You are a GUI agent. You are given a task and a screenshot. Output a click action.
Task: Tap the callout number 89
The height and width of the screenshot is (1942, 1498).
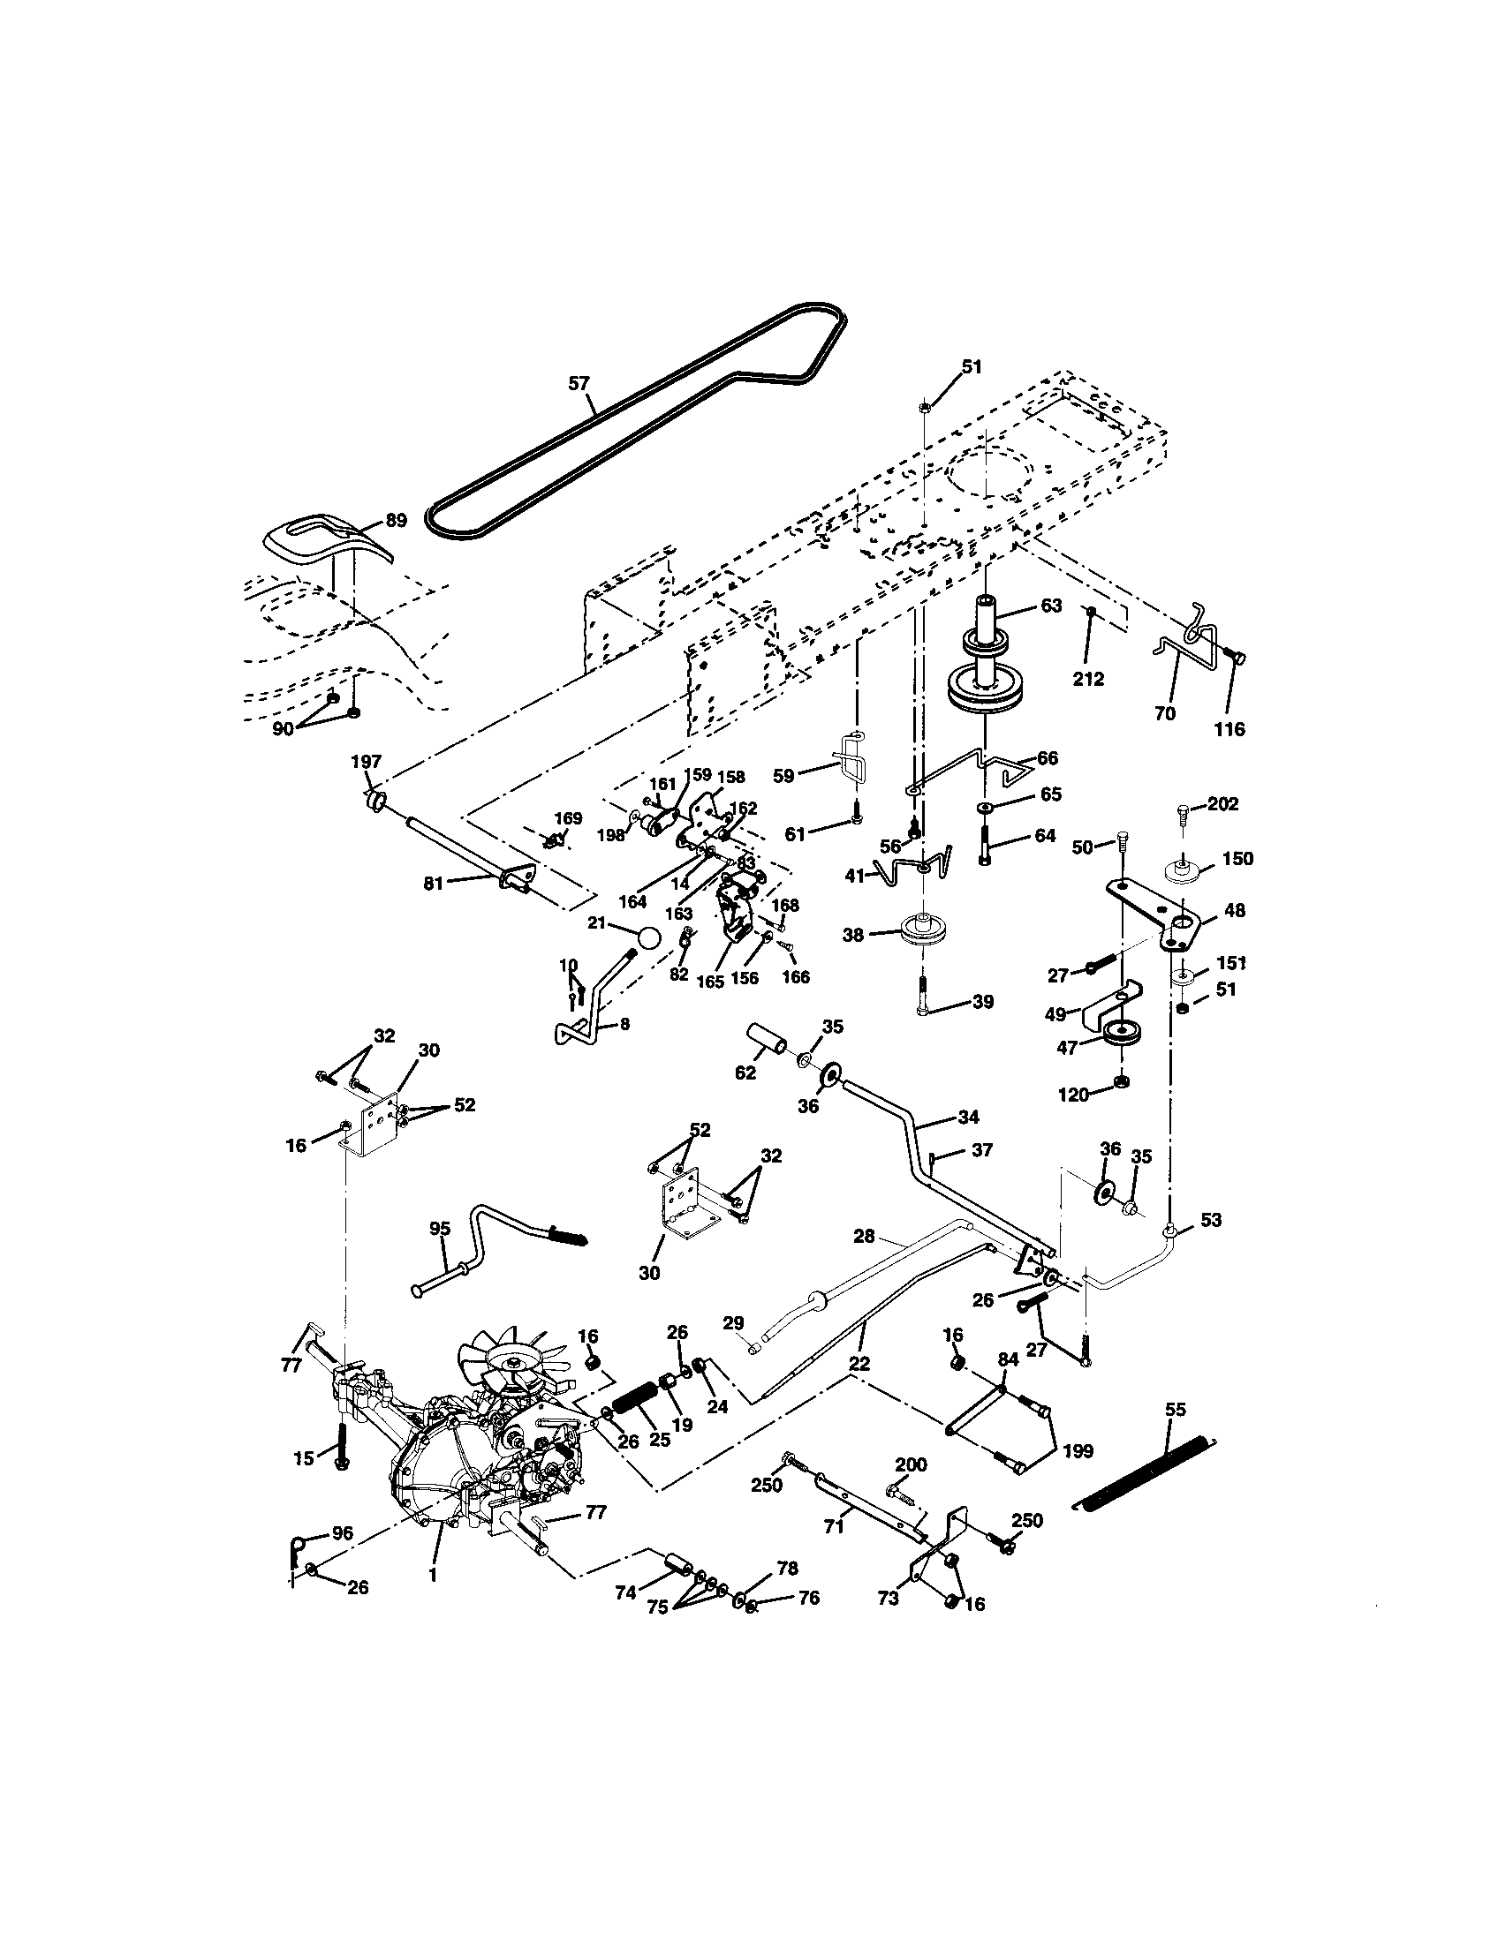[x=396, y=521]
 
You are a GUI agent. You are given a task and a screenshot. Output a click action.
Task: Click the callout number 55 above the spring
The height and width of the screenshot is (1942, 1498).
[x=1175, y=1410]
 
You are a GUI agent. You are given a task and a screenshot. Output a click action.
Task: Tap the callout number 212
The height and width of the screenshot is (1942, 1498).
[x=1088, y=680]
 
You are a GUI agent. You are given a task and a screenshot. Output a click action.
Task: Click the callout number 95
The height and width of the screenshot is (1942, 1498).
[x=440, y=1228]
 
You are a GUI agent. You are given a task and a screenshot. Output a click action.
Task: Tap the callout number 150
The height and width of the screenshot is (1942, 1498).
[x=1237, y=858]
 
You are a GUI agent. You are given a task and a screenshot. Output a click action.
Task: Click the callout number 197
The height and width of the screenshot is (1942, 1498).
[x=366, y=761]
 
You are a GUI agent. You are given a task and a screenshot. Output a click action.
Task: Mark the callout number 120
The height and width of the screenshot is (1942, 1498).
[x=1074, y=1095]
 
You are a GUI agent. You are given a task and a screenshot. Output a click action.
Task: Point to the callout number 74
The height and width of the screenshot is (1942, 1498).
[x=625, y=1592]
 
